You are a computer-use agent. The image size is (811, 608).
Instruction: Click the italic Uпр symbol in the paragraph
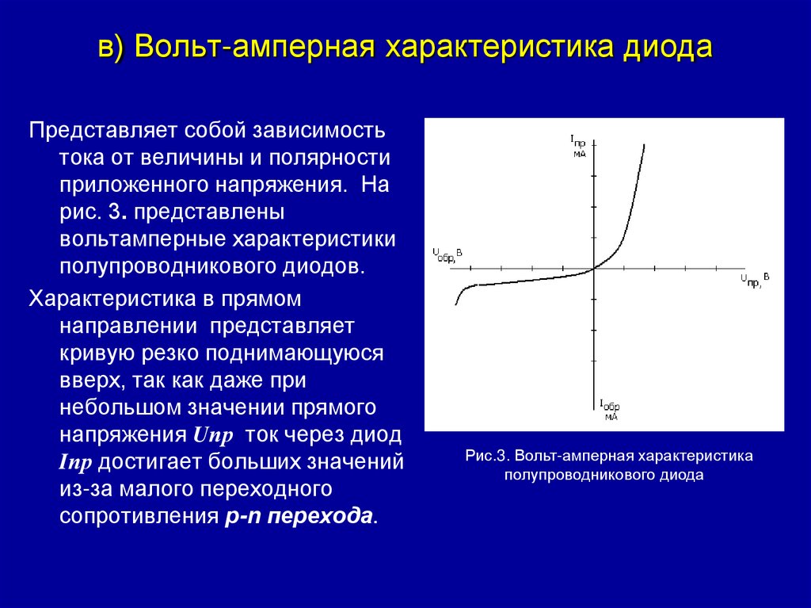pyautogui.click(x=211, y=435)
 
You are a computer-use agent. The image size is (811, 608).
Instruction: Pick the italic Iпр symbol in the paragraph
pyautogui.click(x=76, y=463)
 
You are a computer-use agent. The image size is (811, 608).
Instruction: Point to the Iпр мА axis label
pyautogui.click(x=579, y=146)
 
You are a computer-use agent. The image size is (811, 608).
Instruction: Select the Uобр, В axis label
pyautogui.click(x=447, y=254)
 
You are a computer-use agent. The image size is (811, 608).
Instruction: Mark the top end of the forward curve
pyautogui.click(x=644, y=144)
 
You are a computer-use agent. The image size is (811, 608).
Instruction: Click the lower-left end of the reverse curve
pyautogui.click(x=456, y=304)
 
